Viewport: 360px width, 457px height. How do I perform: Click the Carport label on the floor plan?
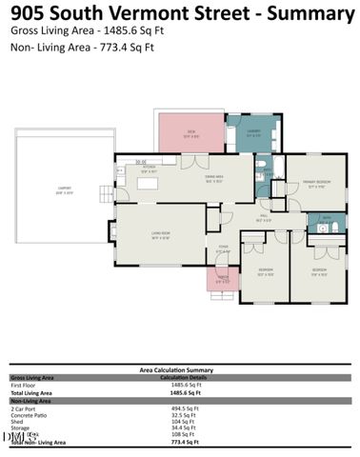[x=63, y=188]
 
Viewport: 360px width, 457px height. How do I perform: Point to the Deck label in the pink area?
[x=190, y=132]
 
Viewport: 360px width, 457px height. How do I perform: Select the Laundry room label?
[x=252, y=134]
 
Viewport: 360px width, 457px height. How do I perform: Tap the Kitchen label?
[x=150, y=170]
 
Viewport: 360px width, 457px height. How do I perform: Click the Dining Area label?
[x=214, y=178]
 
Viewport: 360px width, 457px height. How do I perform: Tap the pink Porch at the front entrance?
[x=223, y=280]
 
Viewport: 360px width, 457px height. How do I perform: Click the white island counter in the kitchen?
[x=148, y=182]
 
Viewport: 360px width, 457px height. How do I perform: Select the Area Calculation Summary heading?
[x=176, y=368]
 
